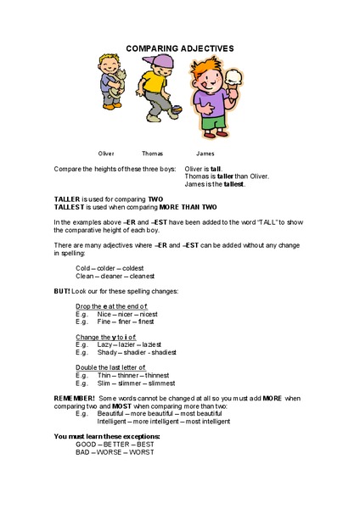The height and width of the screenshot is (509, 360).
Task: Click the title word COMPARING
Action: pyautogui.click(x=149, y=48)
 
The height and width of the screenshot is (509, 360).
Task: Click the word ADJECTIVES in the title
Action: pyautogui.click(x=206, y=48)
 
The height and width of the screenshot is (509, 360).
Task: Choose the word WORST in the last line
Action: pyautogui.click(x=140, y=453)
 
